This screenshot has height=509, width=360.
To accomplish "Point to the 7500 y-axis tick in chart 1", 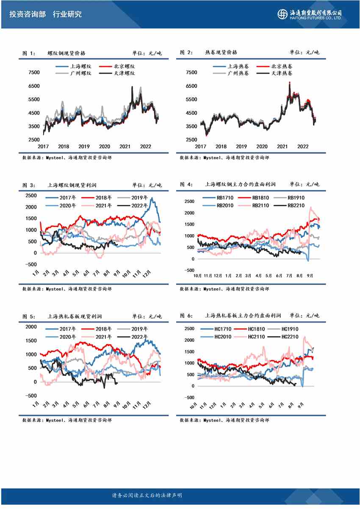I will pos(33,72).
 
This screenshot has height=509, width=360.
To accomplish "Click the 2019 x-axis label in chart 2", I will pos(241,147).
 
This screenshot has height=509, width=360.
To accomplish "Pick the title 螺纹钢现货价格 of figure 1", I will pos(66,53).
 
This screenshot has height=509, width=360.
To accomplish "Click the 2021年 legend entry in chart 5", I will pos(97,337).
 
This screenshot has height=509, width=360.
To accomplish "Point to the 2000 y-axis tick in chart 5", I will pos(32,327).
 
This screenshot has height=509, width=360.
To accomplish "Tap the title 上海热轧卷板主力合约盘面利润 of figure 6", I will pos(243,316).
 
